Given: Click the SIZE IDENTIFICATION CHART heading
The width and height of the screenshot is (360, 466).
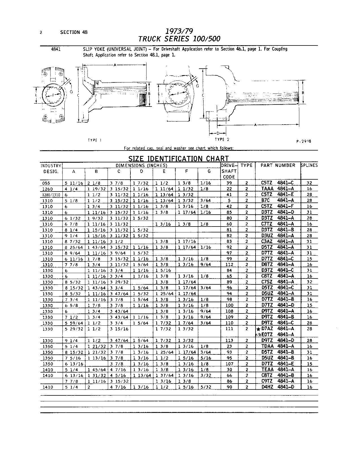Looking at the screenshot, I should pyautogui.click(x=178, y=158).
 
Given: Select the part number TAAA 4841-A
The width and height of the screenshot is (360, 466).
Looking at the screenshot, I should pyautogui.click(x=278, y=189).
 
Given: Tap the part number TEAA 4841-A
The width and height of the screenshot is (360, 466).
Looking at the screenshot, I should pyautogui.click(x=278, y=369).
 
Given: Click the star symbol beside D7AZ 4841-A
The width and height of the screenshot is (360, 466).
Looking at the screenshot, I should pyautogui.click(x=258, y=329).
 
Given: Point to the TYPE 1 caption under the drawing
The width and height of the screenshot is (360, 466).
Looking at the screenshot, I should pyautogui.click(x=94, y=140).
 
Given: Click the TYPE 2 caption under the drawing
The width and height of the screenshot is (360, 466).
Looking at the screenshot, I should pyautogui.click(x=222, y=139).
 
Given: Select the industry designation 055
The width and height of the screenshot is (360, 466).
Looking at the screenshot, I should pyautogui.click(x=45, y=183).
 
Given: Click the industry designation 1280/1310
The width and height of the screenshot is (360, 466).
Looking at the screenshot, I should pyautogui.click(x=51, y=195).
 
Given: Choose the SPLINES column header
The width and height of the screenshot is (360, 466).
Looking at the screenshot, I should pyautogui.click(x=309, y=165).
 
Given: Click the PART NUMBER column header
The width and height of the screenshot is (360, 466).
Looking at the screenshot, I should pyautogui.click(x=278, y=165).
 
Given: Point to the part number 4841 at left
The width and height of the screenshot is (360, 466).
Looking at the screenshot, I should pyautogui.click(x=56, y=49).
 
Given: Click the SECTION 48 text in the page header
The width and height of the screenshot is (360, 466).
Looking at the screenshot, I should pyautogui.click(x=74, y=32).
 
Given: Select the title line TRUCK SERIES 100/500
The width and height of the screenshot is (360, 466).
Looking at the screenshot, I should pyautogui.click(x=179, y=39).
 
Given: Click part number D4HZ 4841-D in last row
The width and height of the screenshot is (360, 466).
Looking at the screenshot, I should pyautogui.click(x=278, y=387).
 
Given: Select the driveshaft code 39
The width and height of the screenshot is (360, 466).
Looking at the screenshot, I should pyautogui.click(x=229, y=183).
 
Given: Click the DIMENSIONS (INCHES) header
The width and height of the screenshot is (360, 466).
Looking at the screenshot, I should pyautogui.click(x=141, y=165).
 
